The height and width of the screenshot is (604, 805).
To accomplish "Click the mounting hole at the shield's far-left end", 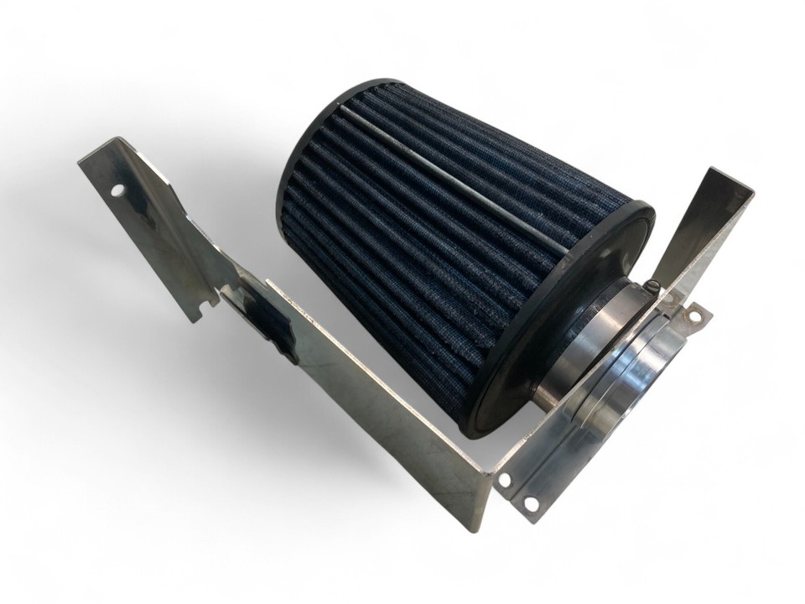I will (116, 191).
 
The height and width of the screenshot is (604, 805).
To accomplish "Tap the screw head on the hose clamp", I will (652, 291).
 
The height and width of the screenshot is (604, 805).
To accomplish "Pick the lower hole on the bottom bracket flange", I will (529, 502).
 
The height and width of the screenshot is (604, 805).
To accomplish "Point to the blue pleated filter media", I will (419, 235).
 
